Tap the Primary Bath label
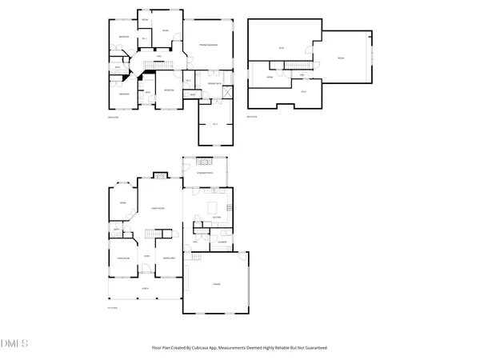point(214,83)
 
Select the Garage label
point(216,284)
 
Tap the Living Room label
point(124,258)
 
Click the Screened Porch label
point(205,172)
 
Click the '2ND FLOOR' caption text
point(113,115)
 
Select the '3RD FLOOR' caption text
point(252,115)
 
